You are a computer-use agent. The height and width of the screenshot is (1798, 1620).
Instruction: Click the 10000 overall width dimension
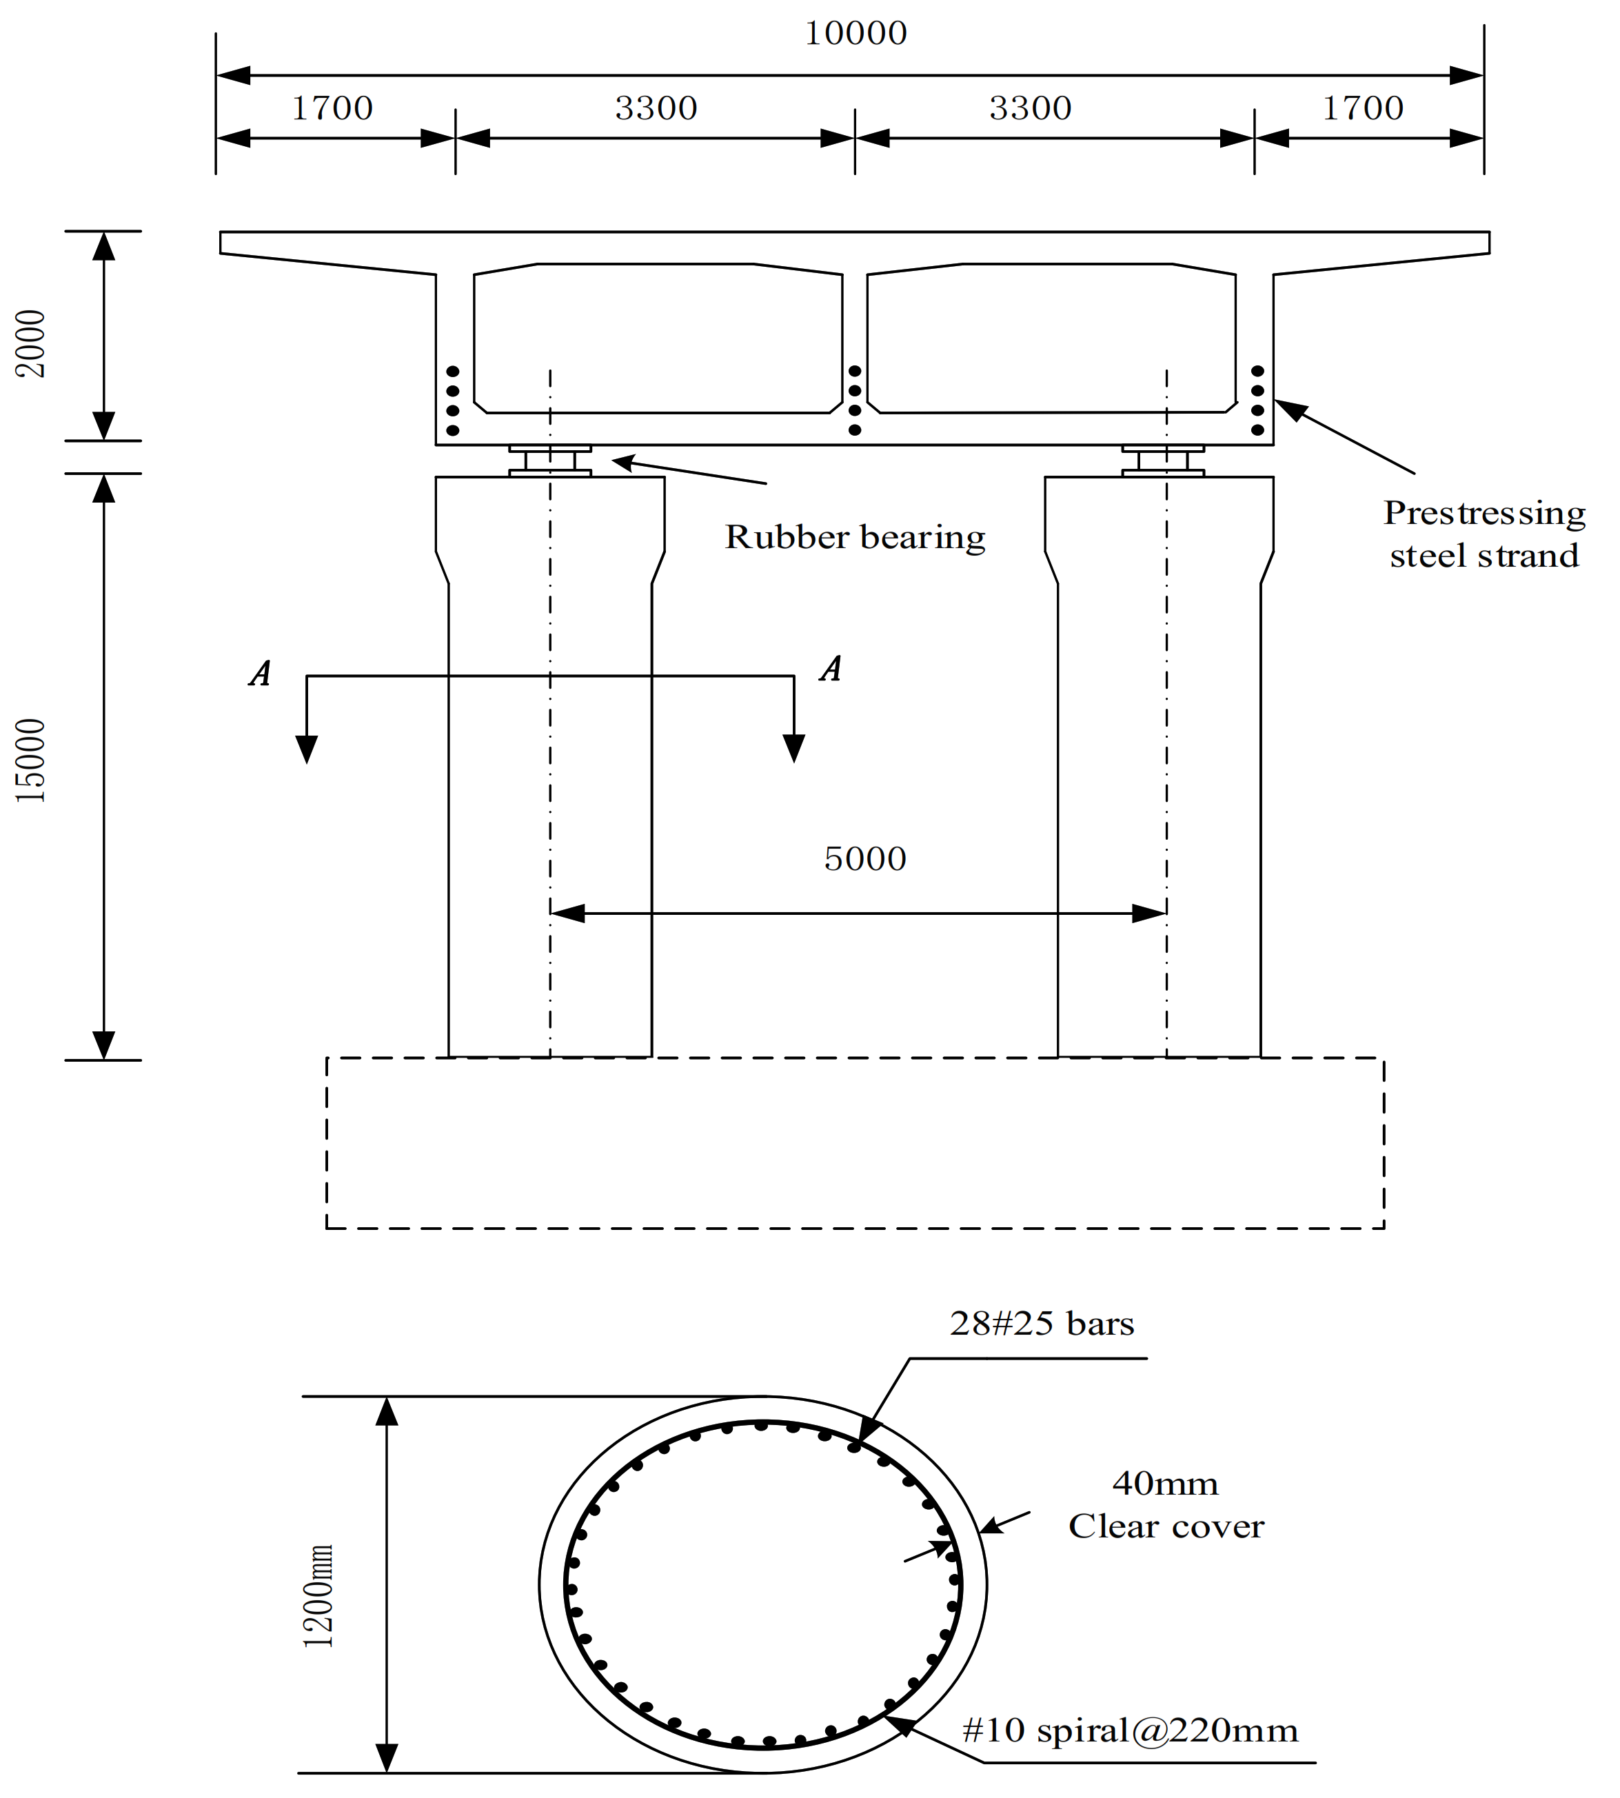pos(855,34)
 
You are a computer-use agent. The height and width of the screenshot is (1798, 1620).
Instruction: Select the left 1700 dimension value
pos(332,109)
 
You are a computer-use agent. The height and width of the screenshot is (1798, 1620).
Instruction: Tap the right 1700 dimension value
pos(1362,109)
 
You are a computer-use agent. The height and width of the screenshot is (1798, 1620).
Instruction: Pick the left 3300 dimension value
pos(656,109)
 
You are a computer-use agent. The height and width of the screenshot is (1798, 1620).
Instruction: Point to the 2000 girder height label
pos(31,343)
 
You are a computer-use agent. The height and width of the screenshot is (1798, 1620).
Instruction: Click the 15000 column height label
pos(31,761)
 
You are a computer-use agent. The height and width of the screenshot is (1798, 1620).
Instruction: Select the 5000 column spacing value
pos(864,859)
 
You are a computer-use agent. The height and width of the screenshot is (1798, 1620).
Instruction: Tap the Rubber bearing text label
pos(855,538)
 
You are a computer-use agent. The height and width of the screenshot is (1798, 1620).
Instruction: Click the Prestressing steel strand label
pos(1484,534)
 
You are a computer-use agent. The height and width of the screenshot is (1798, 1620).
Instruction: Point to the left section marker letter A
pos(260,674)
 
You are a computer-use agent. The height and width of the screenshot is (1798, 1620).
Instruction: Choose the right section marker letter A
pos(831,669)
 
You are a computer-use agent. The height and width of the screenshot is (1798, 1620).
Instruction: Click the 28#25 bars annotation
pos(1042,1324)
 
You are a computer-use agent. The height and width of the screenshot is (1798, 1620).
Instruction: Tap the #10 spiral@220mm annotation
pos(1130,1730)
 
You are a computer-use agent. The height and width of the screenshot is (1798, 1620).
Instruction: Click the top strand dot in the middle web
pos(855,370)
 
